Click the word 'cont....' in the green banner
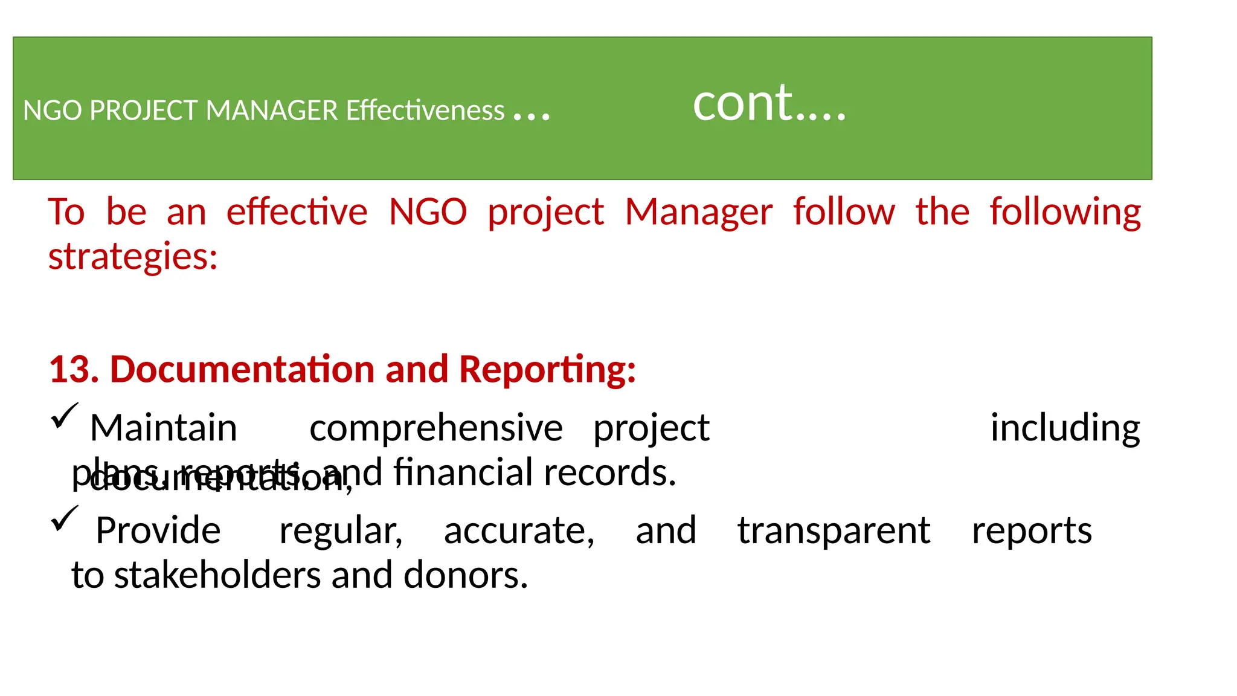769,104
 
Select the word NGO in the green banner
52,111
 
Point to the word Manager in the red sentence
698,213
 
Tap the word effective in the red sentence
297,213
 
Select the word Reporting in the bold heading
547,370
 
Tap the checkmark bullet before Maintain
64,416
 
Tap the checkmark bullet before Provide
64,519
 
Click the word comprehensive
435,429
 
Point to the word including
1065,429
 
